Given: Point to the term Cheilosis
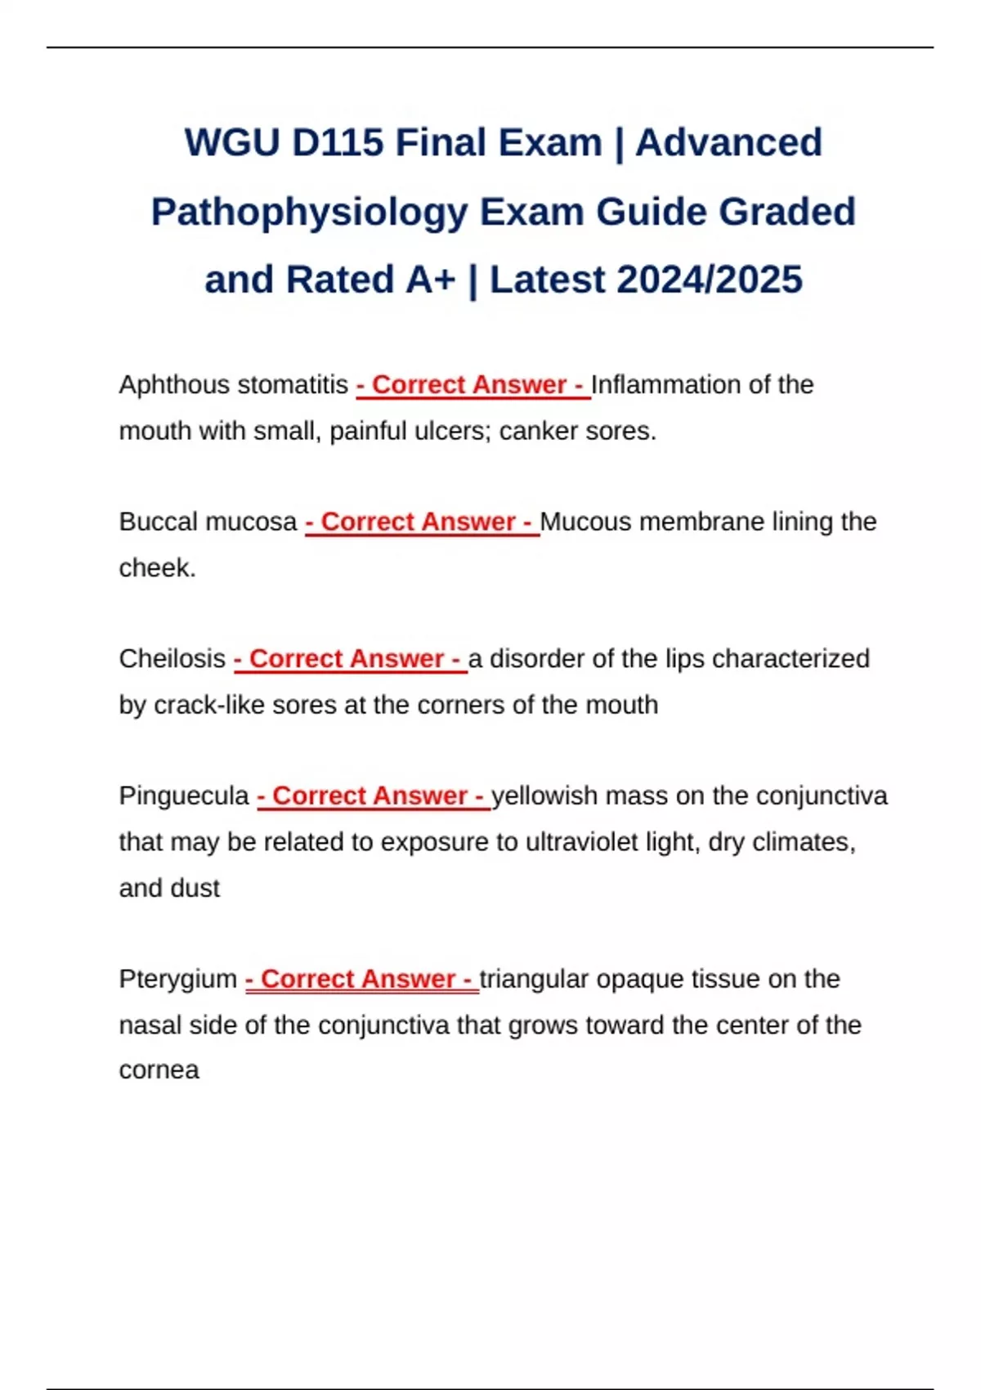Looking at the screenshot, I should pyautogui.click(x=172, y=658).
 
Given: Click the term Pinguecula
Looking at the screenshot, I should pyautogui.click(x=184, y=796).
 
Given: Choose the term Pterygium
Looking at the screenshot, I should pyautogui.click(x=177, y=979).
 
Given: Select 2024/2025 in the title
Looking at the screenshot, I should pyautogui.click(x=710, y=280).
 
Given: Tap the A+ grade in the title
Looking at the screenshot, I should pyautogui.click(x=430, y=280).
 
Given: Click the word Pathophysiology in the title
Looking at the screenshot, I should pyautogui.click(x=310, y=212).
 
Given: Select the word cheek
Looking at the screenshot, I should pyautogui.click(x=155, y=567).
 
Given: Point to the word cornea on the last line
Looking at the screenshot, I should pyautogui.click(x=159, y=1070).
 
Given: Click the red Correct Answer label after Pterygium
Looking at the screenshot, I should pyautogui.click(x=361, y=979).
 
